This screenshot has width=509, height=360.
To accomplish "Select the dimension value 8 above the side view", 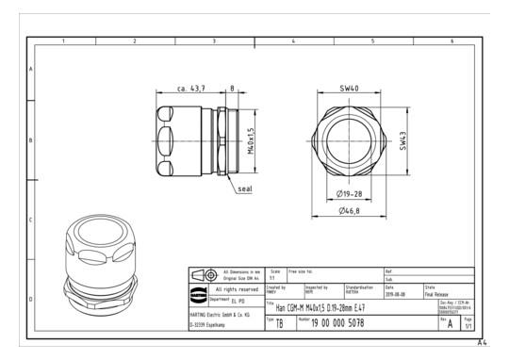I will (233, 89).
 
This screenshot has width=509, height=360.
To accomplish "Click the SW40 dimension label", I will (350, 89).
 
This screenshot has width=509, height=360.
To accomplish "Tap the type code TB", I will (278, 323).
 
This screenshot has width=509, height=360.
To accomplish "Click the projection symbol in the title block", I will (202, 274).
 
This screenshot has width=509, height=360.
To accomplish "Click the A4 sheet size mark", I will (482, 343).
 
